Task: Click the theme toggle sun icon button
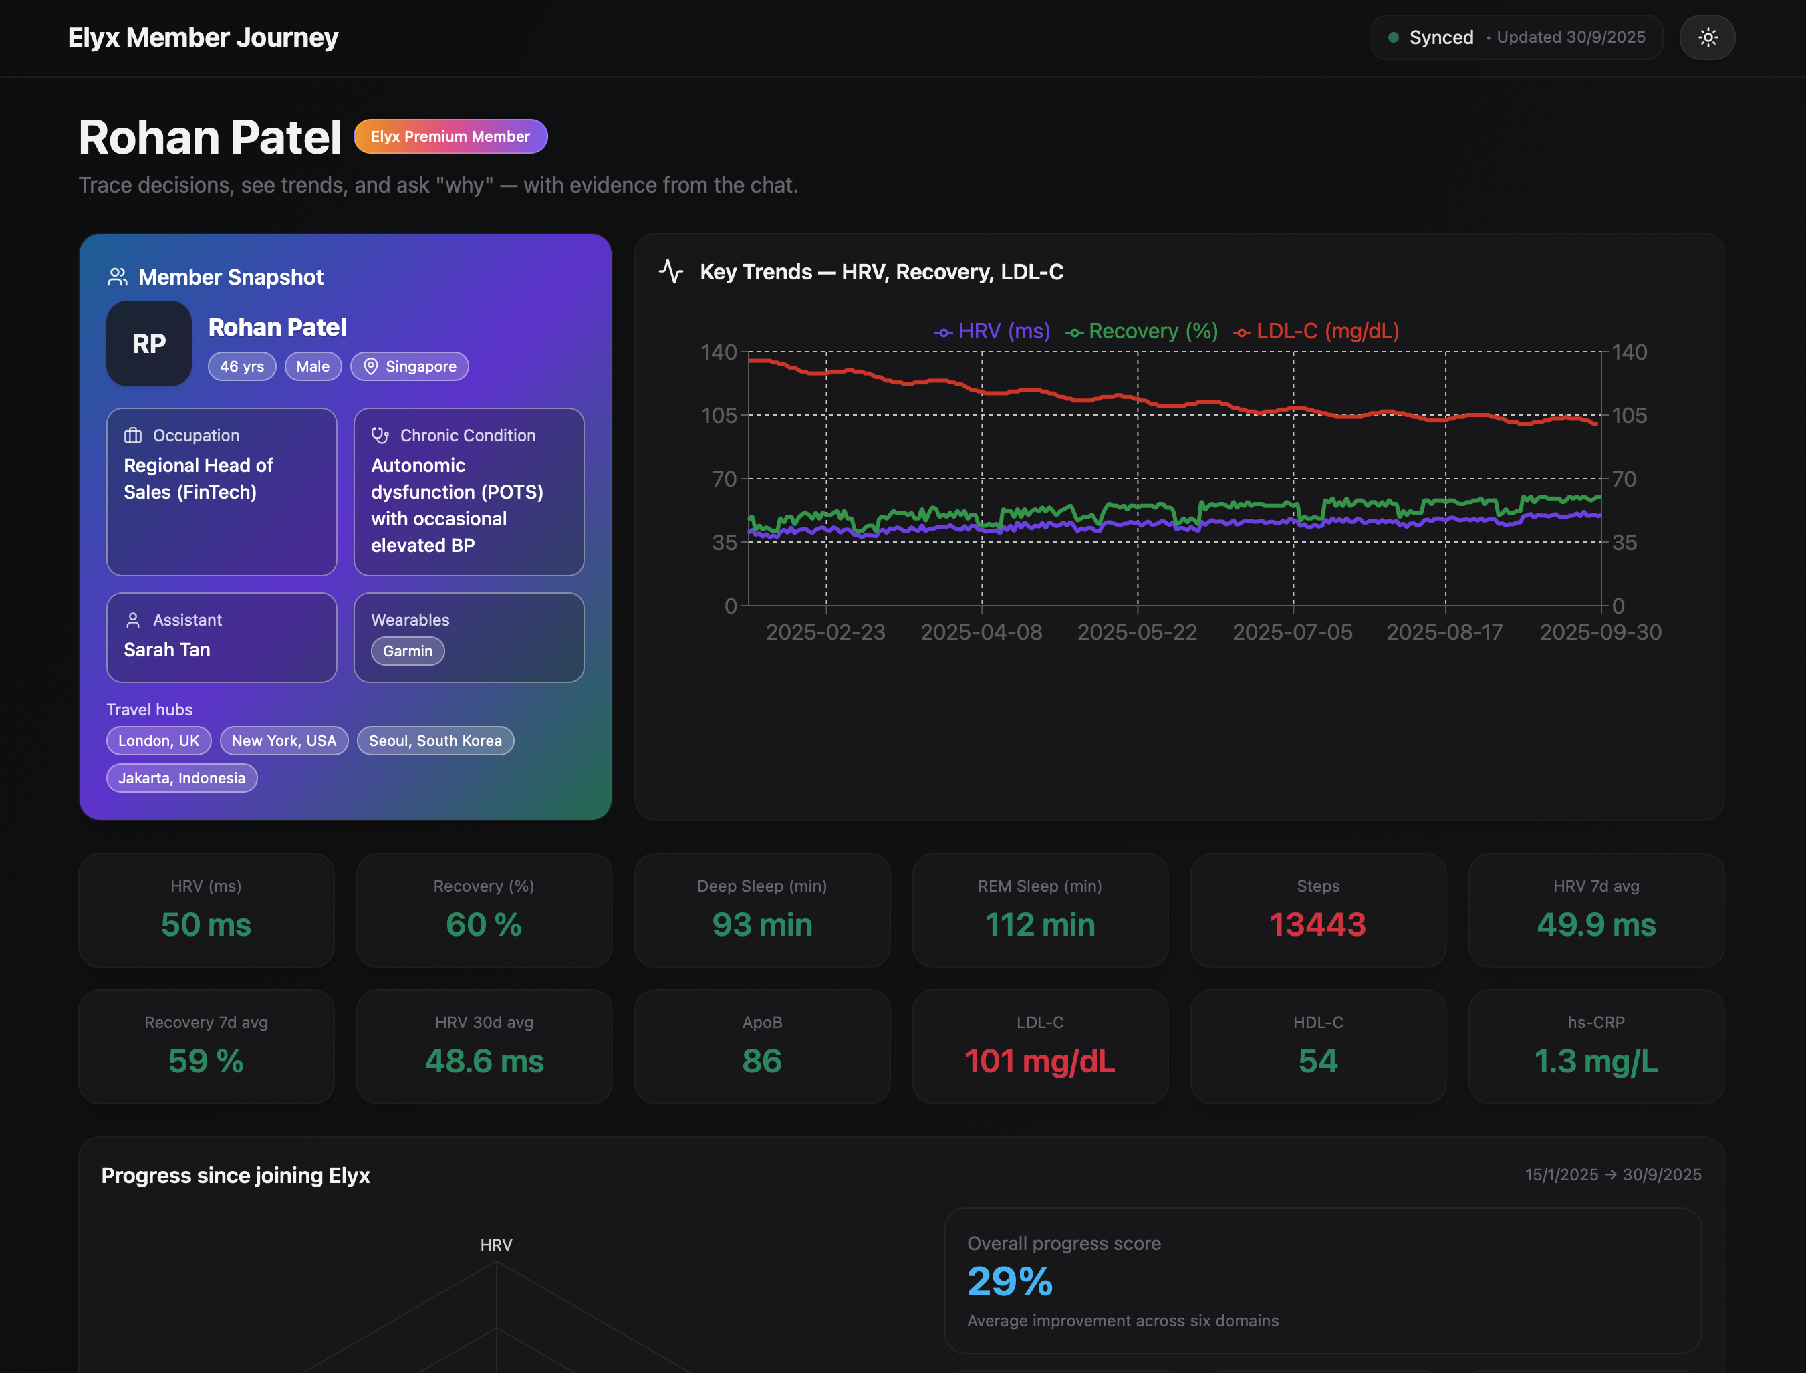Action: click(1707, 37)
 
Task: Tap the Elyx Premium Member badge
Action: click(450, 136)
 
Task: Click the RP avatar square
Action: click(149, 344)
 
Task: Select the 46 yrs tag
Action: click(242, 366)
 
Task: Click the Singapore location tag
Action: click(410, 366)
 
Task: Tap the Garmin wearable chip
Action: click(407, 651)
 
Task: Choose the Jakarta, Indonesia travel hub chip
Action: click(181, 778)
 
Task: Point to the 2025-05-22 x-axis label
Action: click(1137, 632)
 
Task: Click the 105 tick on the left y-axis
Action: click(719, 415)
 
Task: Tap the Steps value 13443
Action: click(1317, 924)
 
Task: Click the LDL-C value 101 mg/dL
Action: click(1039, 1061)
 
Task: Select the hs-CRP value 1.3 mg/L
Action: click(1595, 1061)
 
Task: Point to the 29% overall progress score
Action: click(1010, 1281)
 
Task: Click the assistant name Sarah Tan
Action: click(166, 650)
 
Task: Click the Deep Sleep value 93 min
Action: click(761, 924)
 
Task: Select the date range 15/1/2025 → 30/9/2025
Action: click(1612, 1174)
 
